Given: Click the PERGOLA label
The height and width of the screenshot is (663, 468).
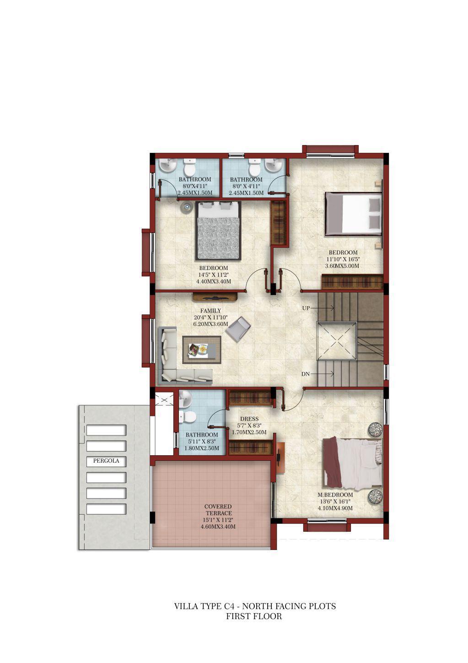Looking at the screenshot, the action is coord(106,461).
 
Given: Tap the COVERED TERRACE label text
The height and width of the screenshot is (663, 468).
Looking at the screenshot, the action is coord(219,510).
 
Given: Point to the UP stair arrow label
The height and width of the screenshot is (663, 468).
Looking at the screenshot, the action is coord(306,308).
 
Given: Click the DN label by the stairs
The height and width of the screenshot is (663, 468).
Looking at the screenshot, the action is coord(306,374).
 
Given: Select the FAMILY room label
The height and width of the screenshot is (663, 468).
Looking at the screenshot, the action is coord(210,311).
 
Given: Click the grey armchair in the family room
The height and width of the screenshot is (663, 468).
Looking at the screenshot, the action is coord(238,329).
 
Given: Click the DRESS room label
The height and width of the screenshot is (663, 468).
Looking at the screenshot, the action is coord(249,419).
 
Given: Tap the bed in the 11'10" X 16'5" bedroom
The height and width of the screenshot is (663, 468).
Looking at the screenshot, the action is coord(353,213).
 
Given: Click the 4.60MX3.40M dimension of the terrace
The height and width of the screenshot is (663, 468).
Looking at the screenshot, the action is coord(218,527).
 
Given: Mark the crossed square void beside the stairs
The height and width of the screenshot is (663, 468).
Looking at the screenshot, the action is coord(336,341).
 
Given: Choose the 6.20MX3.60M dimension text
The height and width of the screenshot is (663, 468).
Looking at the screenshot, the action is coord(210,324).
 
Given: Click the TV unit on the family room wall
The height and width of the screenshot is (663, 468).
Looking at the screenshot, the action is coord(215,296).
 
